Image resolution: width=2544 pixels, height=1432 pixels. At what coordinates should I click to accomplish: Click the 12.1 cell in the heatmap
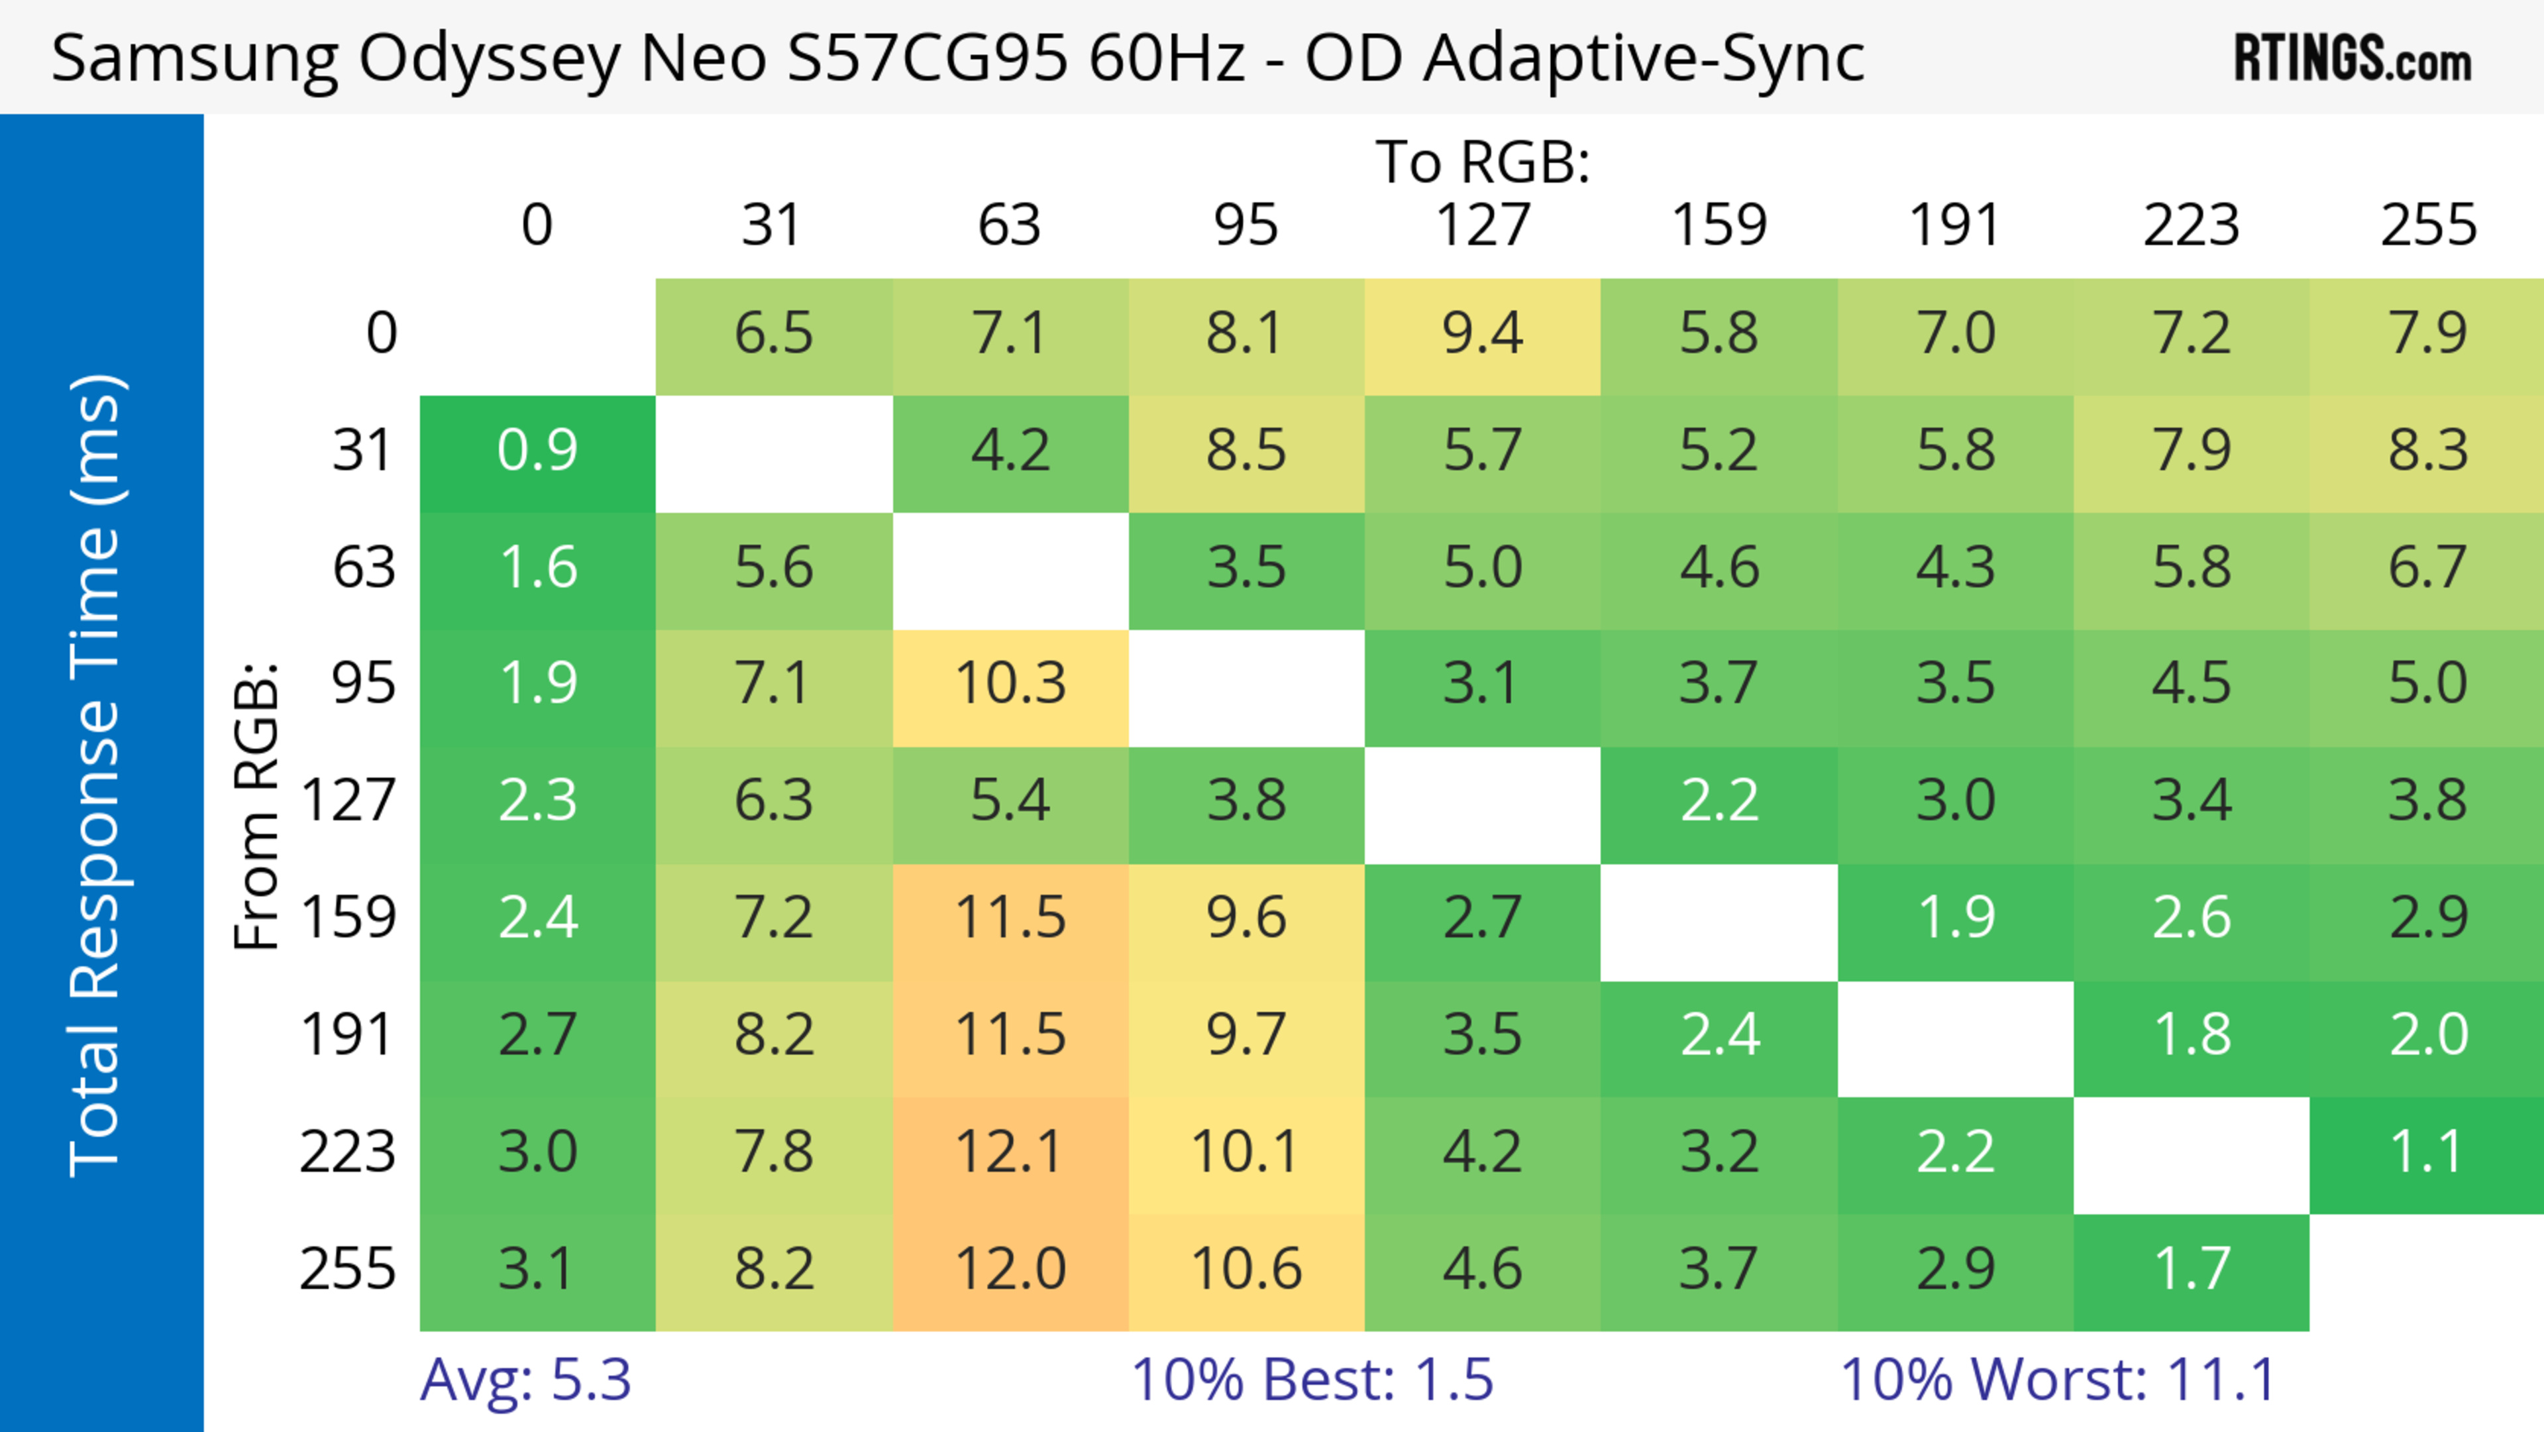coord(1009,1152)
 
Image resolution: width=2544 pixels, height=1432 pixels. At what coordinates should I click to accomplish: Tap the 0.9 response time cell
coord(537,451)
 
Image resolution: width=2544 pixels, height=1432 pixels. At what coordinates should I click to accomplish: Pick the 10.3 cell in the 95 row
coord(1009,683)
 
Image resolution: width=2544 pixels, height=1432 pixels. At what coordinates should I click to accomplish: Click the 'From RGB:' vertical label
coord(256,806)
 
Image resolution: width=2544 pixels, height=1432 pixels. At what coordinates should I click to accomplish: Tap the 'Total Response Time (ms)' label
coord(97,775)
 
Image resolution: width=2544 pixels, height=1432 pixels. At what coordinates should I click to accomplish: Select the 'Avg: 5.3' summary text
coord(525,1380)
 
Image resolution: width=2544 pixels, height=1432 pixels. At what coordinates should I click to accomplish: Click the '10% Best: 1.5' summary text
coord(1312,1380)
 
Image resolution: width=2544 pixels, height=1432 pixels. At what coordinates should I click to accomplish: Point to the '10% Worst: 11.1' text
coord(2058,1380)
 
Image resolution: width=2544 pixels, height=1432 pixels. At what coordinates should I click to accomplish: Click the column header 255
coord(2427,225)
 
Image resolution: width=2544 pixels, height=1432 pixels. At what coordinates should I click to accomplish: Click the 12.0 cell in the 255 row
coord(1009,1269)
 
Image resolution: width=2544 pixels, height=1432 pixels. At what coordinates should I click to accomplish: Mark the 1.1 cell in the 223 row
coord(2427,1152)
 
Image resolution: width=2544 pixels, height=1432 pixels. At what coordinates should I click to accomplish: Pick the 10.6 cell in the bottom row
coord(1246,1269)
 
